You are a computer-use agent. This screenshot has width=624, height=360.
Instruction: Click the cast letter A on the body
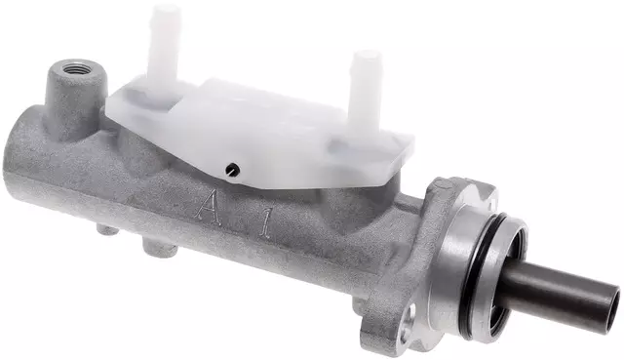[209, 206]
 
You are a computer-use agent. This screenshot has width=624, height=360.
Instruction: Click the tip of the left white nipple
[167, 13]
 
